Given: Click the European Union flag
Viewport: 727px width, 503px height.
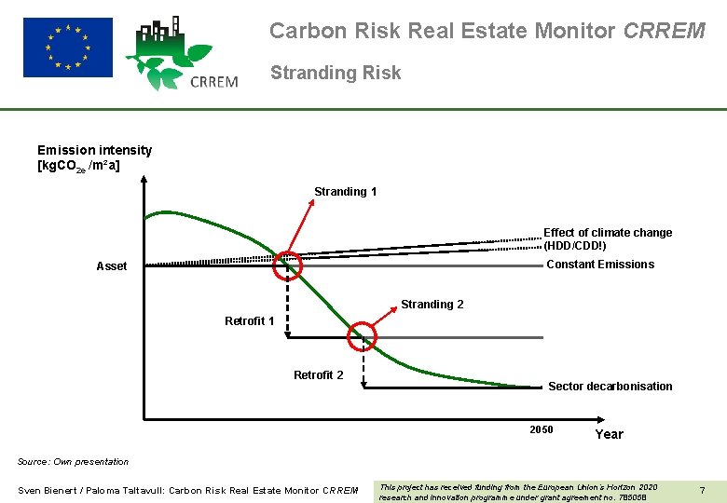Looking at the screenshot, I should pos(67,47).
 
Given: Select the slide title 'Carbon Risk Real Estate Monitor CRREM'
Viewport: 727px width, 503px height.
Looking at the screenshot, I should pos(487,31).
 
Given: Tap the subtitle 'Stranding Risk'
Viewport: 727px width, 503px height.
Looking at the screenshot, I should pos(336,73).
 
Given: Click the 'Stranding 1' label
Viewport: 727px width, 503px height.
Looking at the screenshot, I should pos(345,192).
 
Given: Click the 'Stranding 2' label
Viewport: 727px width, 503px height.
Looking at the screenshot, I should pos(432,305).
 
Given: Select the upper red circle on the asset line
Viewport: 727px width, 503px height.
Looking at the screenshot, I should pos(288,265).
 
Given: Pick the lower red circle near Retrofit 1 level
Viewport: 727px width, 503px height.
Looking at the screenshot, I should pos(362,336).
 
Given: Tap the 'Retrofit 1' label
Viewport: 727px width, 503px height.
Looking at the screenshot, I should pos(249,321).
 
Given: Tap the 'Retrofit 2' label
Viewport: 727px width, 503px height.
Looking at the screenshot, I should pos(318,375).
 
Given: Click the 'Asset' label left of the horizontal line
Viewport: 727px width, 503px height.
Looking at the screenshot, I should pos(112,266).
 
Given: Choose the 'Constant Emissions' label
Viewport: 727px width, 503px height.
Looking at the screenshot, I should pos(599,265).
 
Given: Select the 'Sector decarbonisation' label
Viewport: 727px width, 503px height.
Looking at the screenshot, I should pos(610,387).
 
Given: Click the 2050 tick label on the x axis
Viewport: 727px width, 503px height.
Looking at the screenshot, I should pos(541,430).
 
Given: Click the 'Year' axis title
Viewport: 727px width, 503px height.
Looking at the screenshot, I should pos(609,434).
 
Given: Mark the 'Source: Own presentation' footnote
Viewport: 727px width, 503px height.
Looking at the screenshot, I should pos(74,462).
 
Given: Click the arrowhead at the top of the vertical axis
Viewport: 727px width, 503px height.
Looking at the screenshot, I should pos(144,179).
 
